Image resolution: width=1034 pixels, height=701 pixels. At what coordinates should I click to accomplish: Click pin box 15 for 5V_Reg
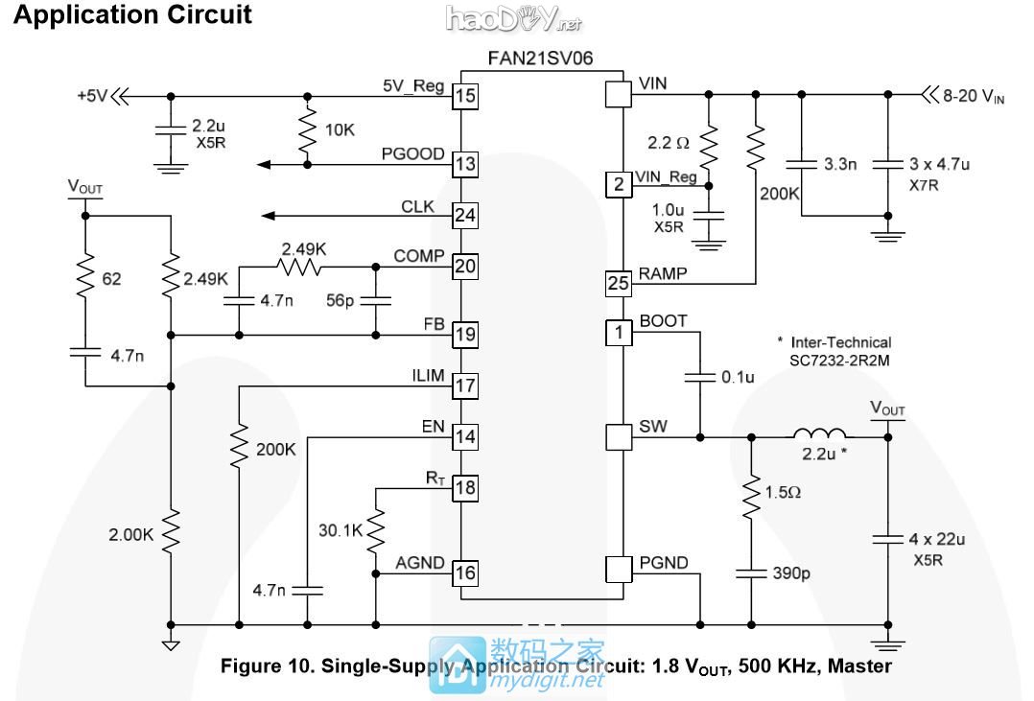coord(465,96)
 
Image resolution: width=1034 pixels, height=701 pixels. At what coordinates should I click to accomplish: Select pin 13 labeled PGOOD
coord(465,164)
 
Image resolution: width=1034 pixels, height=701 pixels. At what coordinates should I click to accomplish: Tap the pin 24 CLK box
coord(465,215)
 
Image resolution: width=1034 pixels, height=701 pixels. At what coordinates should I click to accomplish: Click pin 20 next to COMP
coord(465,266)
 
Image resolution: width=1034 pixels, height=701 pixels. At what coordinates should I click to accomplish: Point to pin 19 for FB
coord(465,335)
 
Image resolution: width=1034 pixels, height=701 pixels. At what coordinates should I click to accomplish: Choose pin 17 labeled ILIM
coord(465,386)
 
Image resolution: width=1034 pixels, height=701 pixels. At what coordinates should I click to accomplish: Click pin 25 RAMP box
coord(619,283)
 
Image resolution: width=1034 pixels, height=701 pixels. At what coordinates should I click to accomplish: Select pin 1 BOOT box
coord(619,333)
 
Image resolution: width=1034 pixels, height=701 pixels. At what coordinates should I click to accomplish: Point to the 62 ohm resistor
coord(85,279)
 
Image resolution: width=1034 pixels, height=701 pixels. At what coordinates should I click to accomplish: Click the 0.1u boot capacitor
coord(700,377)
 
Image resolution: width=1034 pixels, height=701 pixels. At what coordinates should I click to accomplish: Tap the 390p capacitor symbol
coord(750,572)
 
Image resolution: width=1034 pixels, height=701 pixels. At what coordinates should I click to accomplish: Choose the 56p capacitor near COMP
coord(375,300)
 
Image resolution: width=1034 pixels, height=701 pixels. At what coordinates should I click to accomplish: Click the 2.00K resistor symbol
coord(170,533)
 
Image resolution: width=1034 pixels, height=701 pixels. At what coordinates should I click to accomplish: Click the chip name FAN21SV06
coord(542,58)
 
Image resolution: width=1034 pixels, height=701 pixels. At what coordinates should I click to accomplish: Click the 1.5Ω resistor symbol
coord(750,495)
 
